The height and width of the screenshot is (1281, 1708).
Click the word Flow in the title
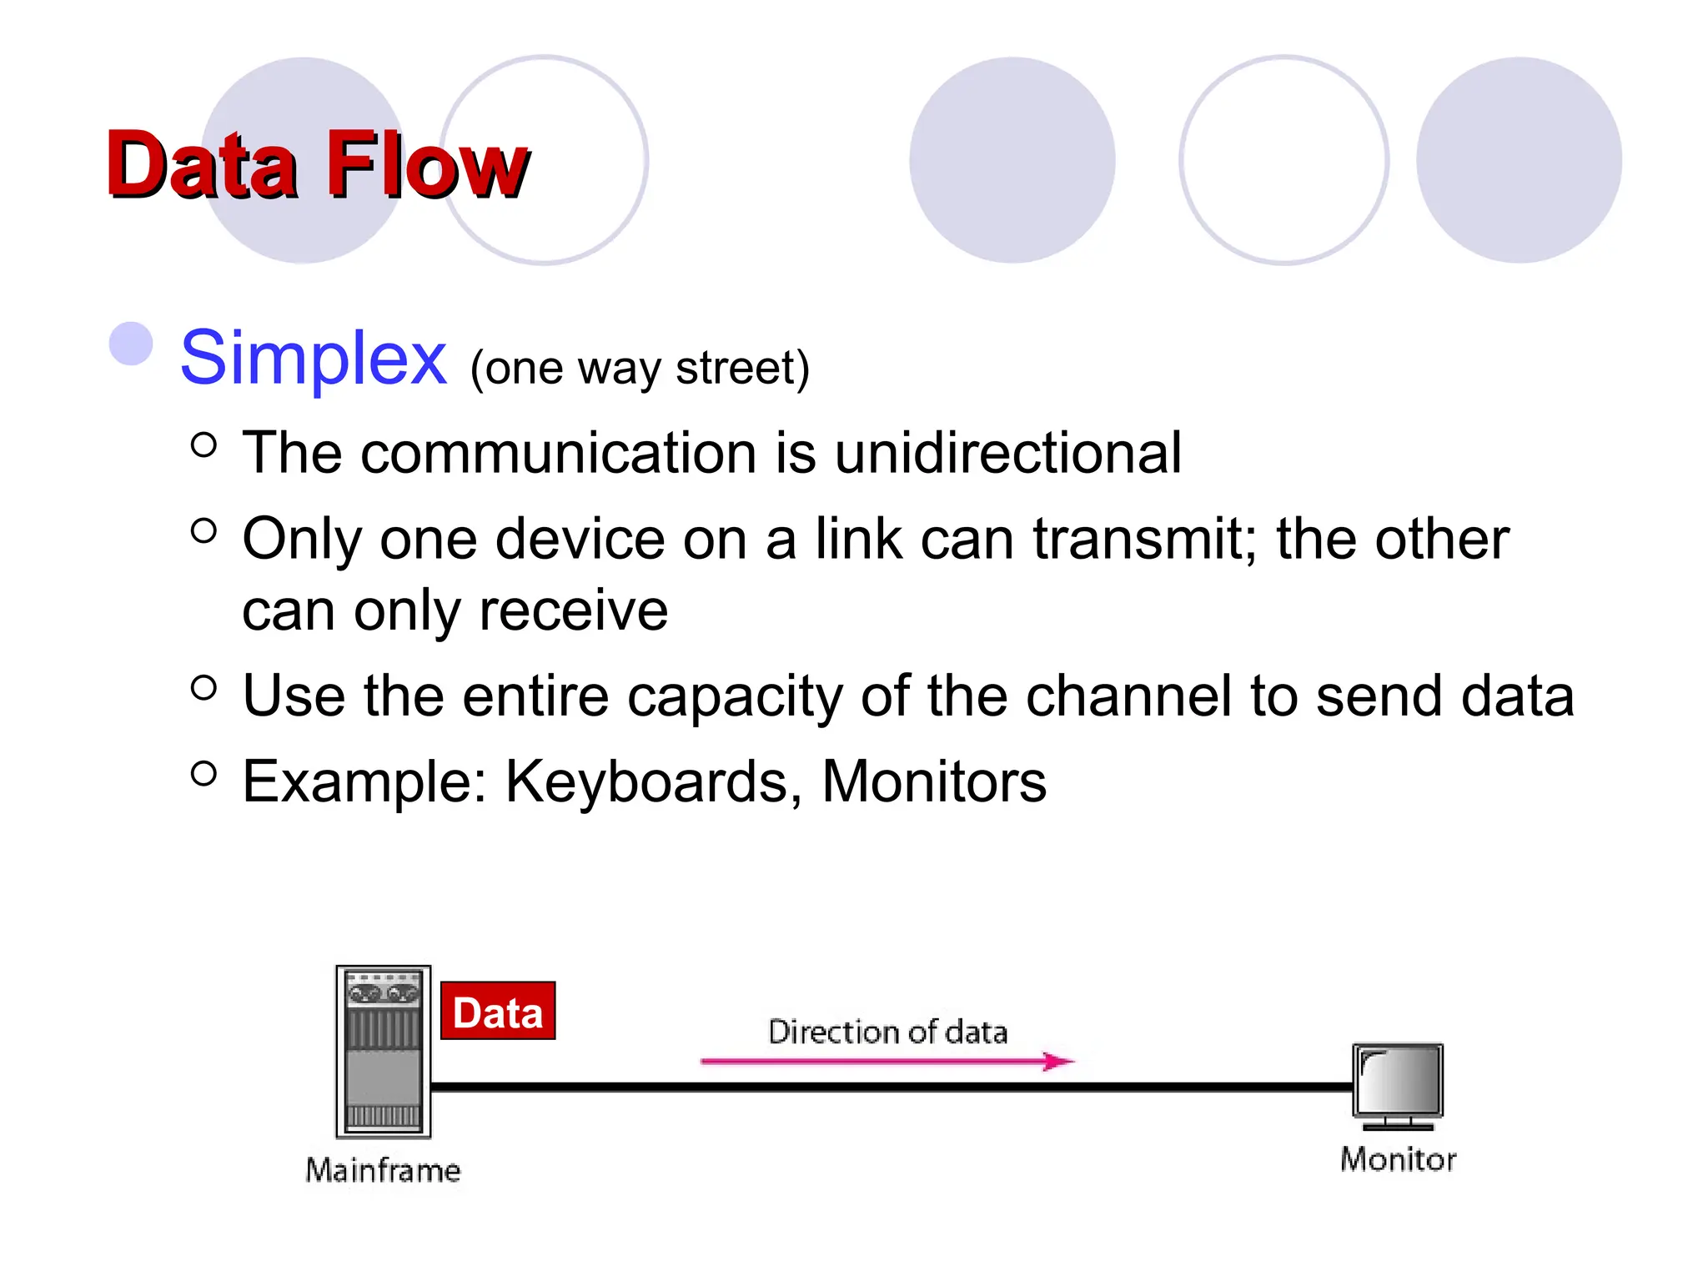click(427, 165)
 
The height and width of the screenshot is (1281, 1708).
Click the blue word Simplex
click(314, 358)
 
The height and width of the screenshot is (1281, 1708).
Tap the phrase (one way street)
click(640, 368)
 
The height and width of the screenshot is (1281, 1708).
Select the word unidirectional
click(1007, 453)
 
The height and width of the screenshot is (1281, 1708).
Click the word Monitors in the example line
click(933, 781)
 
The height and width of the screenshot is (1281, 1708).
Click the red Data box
click(498, 1012)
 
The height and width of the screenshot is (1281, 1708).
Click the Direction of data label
click(887, 1032)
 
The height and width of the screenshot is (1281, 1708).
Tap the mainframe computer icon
click(383, 1052)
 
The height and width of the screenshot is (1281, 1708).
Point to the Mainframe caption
click(383, 1170)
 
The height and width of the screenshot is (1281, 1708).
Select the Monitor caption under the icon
click(1398, 1159)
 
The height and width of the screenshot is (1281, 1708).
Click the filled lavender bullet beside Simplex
click(132, 344)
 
